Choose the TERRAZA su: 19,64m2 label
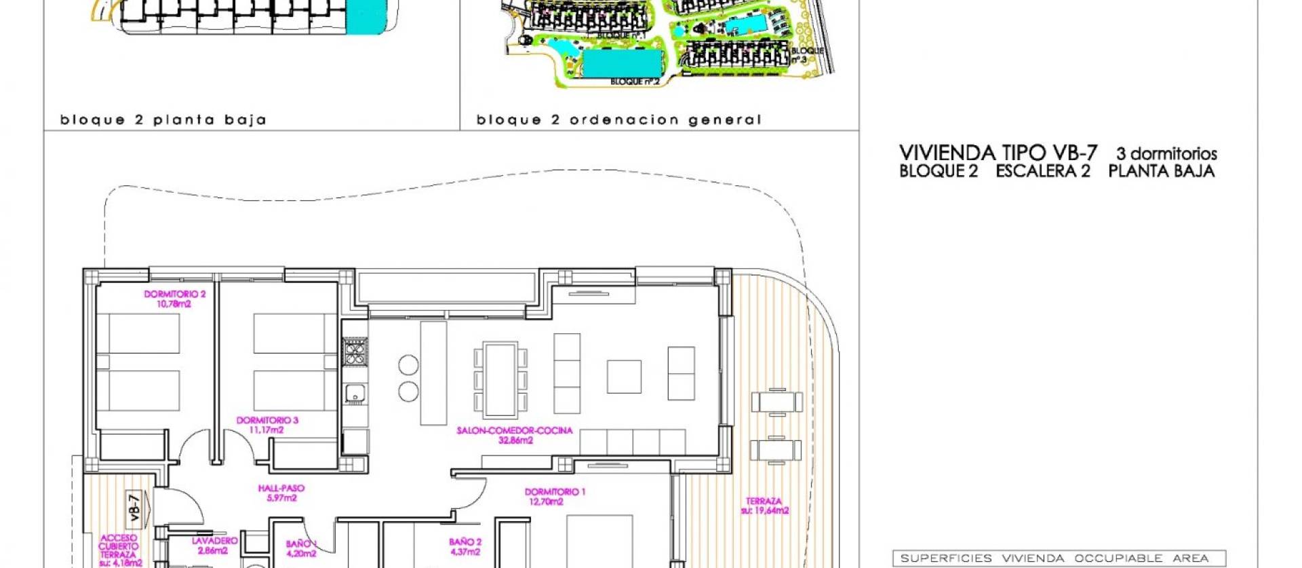764,506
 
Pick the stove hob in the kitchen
354,352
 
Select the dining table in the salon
500,379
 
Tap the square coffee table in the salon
624,377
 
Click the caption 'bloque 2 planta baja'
163,120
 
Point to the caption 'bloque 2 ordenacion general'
618,120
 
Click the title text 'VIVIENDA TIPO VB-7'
998,153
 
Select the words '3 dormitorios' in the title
1166,154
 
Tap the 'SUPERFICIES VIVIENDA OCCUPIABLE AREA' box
1059,558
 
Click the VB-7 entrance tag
136,507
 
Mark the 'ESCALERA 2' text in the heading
1042,171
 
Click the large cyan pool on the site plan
622,63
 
